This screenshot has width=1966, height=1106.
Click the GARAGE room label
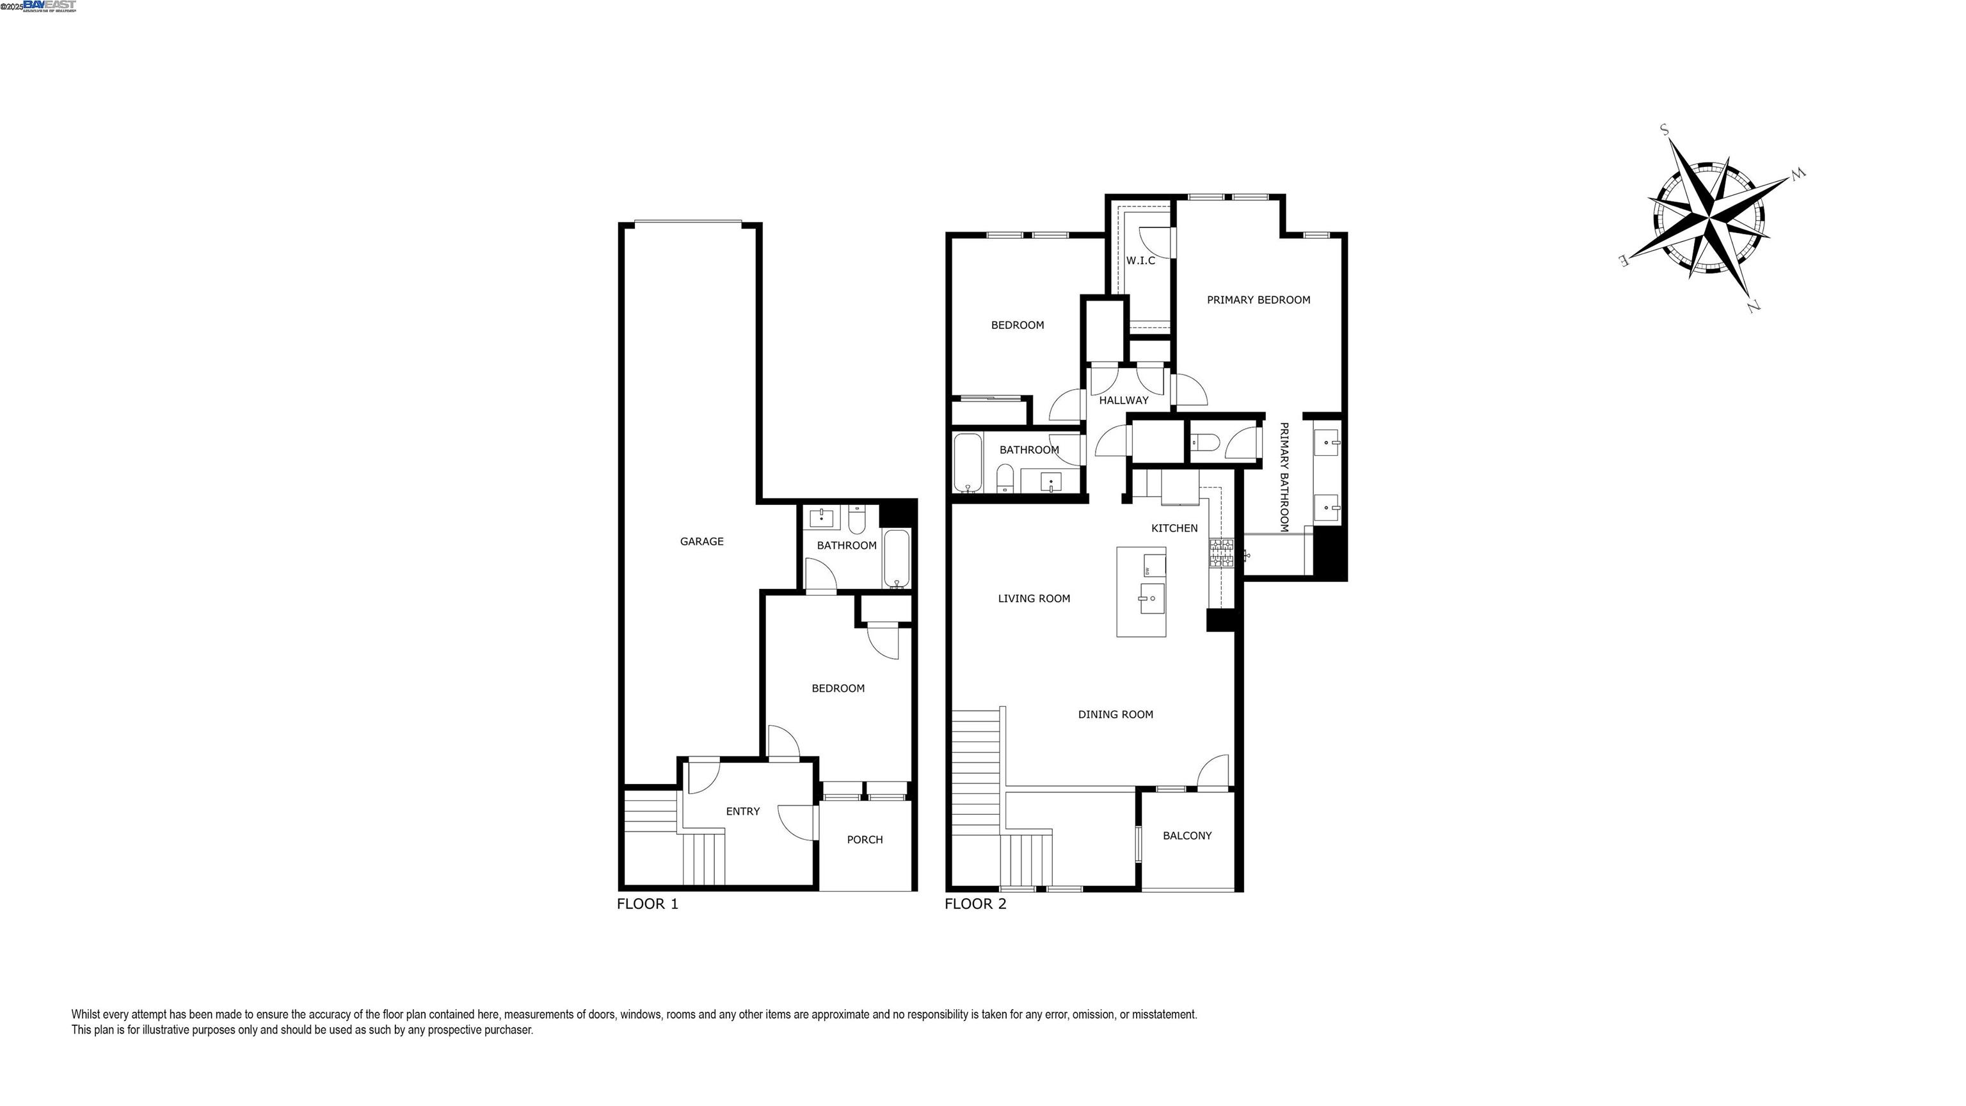[x=701, y=542]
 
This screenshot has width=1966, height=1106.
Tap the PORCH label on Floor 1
[x=865, y=840]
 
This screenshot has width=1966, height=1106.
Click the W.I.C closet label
[x=1140, y=261]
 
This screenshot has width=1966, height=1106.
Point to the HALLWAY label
[x=1123, y=401]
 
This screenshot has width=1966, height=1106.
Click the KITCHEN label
[x=1174, y=528]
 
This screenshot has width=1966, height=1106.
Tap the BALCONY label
[x=1187, y=836]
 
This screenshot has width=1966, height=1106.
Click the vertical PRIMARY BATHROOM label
[x=1284, y=477]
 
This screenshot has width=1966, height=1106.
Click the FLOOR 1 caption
[x=647, y=904]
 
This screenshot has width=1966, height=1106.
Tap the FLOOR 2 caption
[x=975, y=904]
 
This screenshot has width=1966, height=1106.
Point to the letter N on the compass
[x=1752, y=307]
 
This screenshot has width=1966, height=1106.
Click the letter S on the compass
[x=1665, y=130]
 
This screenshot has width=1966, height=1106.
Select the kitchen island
[x=1141, y=591]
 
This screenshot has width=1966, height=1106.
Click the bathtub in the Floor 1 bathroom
[x=897, y=559]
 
